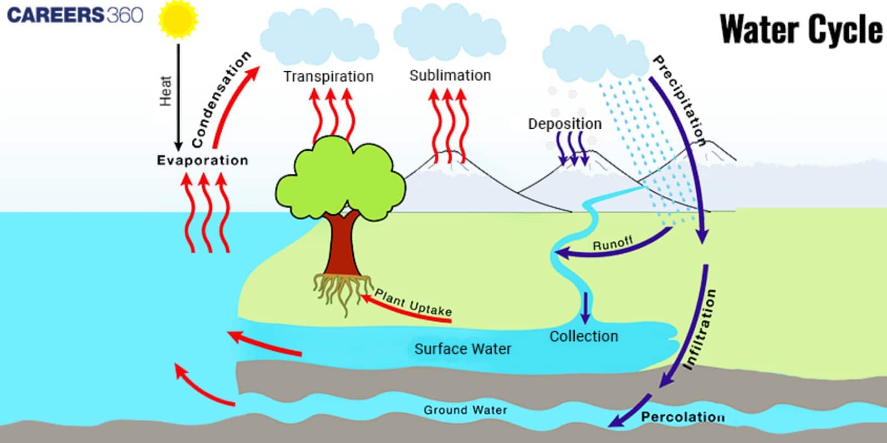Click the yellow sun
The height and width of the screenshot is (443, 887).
click(178, 19)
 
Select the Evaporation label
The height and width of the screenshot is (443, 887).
click(202, 160)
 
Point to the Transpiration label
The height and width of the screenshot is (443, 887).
click(328, 77)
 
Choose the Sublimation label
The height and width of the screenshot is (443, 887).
click(450, 75)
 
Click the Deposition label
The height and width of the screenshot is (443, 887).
click(564, 124)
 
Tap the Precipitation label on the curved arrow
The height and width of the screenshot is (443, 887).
click(680, 100)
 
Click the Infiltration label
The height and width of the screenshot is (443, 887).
click(700, 329)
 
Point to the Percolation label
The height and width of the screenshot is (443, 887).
click(682, 417)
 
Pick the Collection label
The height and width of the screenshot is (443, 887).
click(584, 336)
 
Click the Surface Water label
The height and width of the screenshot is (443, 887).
click(463, 349)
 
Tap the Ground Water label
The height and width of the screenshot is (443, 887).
click(465, 410)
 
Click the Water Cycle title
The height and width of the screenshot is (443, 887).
click(801, 29)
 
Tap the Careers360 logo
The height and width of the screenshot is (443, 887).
click(75, 15)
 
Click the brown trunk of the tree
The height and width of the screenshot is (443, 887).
click(344, 244)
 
